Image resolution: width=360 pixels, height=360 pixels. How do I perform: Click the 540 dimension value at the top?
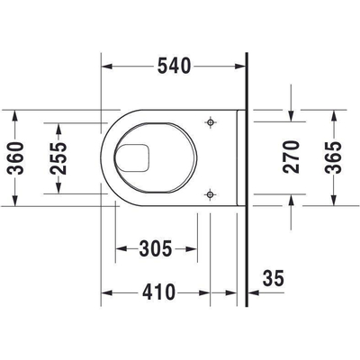[174, 66]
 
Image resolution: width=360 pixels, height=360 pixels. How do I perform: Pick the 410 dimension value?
[157, 293]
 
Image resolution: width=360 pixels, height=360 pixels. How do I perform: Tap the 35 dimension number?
[273, 280]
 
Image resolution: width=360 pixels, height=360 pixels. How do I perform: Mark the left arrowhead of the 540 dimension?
[103, 66]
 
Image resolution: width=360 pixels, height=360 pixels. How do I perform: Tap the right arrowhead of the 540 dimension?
[242, 66]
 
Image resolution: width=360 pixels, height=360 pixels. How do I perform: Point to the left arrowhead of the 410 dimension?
[104, 293]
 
